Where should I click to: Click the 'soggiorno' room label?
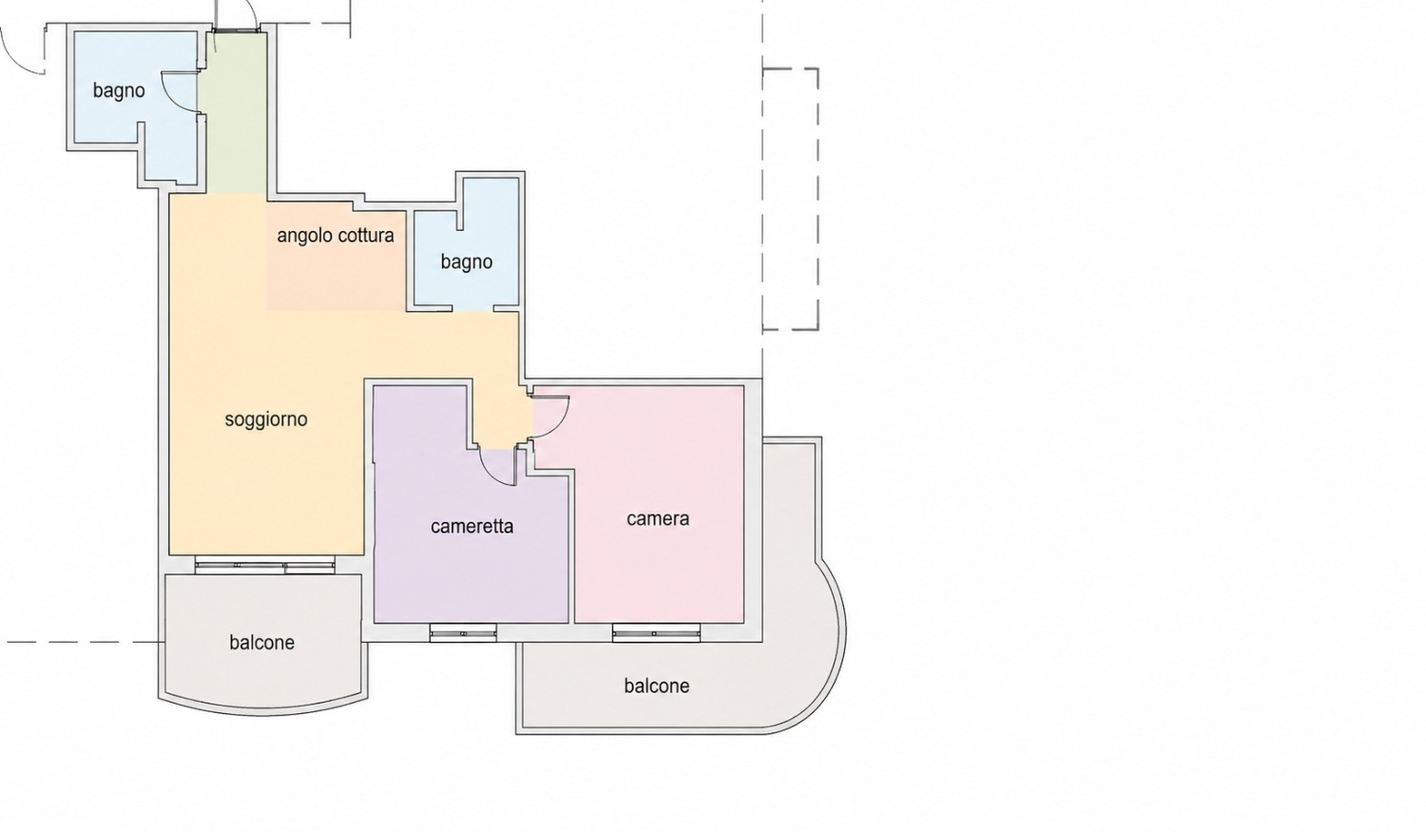(x=266, y=419)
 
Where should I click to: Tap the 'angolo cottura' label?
(x=336, y=236)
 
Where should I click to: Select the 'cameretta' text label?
(x=472, y=527)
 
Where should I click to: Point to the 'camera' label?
(x=658, y=519)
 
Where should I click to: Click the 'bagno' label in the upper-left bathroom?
(x=119, y=90)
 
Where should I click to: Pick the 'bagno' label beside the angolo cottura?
(x=467, y=261)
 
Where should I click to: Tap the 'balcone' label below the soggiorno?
(x=261, y=642)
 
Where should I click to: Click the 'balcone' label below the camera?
(x=656, y=686)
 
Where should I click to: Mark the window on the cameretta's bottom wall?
(x=463, y=633)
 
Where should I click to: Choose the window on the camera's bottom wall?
(x=656, y=633)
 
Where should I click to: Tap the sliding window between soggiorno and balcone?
(x=265, y=565)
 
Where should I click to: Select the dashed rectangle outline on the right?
(x=818, y=199)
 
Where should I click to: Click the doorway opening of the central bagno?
(x=473, y=309)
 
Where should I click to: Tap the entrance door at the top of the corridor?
(x=236, y=29)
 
